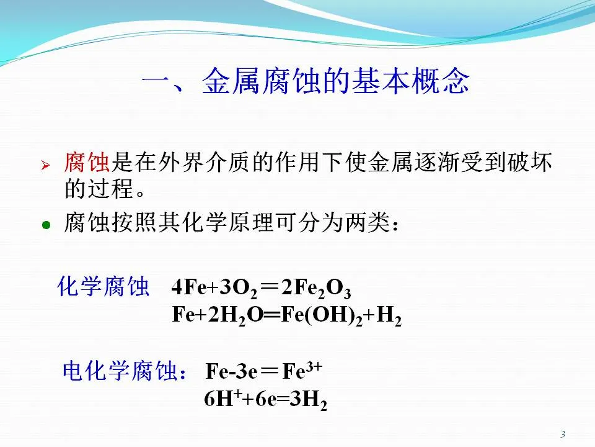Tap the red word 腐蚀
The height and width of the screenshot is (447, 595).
tap(87, 163)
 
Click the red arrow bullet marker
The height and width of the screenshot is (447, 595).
tap(45, 165)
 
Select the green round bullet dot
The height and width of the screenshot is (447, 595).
tap(46, 225)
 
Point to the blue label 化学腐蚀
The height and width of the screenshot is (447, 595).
tap(103, 286)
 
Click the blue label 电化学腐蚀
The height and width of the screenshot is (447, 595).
tap(120, 371)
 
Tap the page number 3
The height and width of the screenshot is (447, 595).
tap(563, 434)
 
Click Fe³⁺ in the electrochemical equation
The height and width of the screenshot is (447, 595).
tap(302, 370)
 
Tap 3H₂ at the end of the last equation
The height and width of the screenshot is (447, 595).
tap(308, 400)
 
